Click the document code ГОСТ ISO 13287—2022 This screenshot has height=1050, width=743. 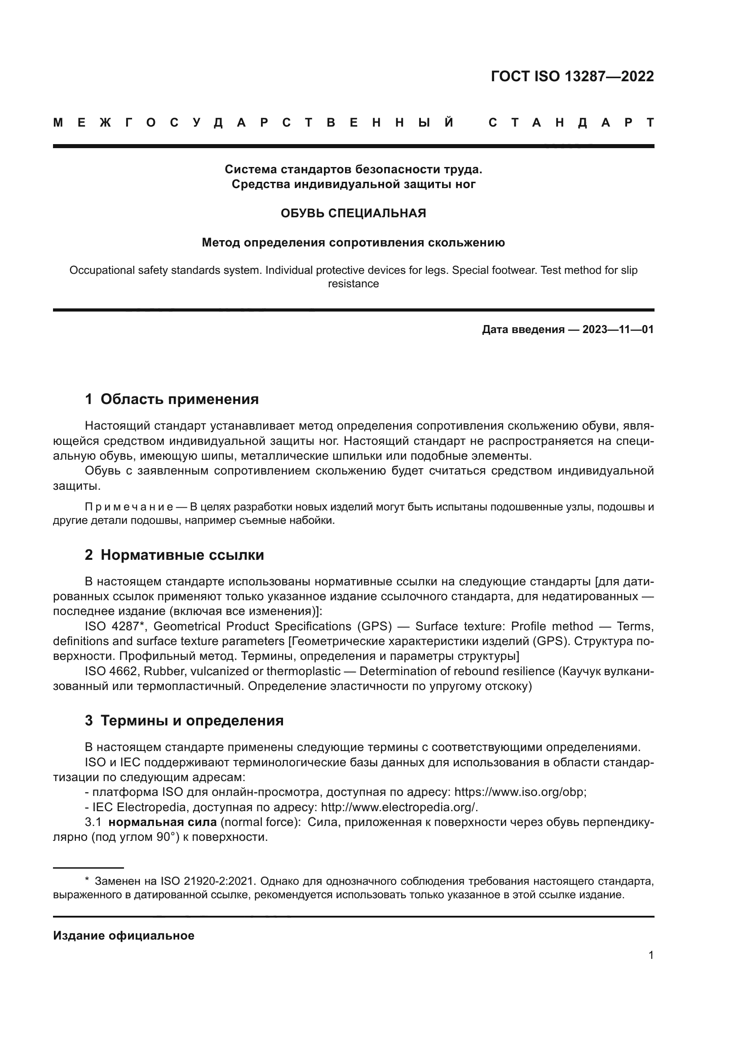click(x=572, y=76)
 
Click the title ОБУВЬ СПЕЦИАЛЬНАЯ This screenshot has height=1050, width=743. click(x=353, y=213)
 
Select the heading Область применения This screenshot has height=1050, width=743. click(x=179, y=399)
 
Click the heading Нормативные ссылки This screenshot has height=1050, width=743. click(x=182, y=555)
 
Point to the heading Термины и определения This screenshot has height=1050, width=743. click(x=192, y=721)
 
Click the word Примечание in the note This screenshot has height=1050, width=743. click(x=129, y=507)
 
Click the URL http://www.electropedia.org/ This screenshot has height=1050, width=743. click(x=399, y=807)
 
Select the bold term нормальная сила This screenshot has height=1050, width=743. click(x=163, y=822)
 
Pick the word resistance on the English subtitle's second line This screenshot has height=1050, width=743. click(x=353, y=284)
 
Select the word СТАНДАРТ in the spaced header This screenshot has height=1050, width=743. click(x=571, y=123)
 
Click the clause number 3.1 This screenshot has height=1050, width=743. click(x=93, y=822)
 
